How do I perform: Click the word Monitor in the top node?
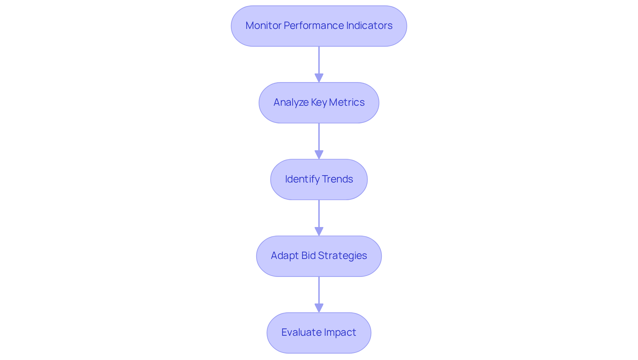pos(263,26)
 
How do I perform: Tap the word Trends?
pos(337,179)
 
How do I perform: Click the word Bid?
pos(308,256)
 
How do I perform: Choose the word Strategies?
pos(342,256)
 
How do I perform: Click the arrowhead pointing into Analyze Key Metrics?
pos(319,78)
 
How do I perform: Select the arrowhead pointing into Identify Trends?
pos(319,155)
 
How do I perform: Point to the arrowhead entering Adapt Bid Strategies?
pos(319,231)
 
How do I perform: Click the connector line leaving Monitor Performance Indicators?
pos(319,60)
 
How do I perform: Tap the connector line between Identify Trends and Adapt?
pos(319,213)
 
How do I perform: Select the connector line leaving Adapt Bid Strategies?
pos(319,290)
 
